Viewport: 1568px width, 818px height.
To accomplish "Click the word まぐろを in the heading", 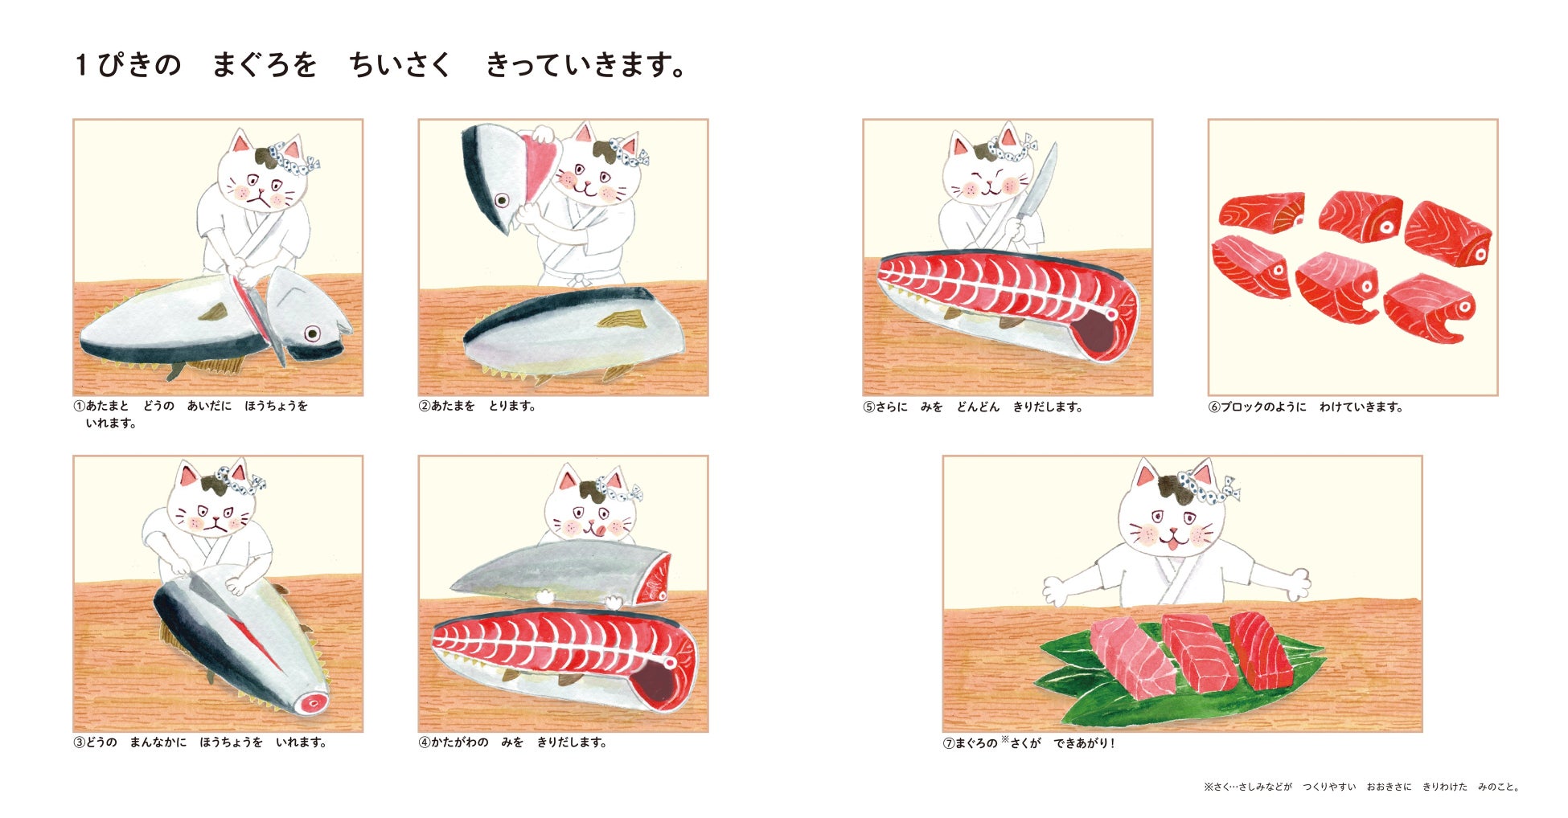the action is (x=265, y=65).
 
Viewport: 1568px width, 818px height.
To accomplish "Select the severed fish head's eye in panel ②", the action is (x=503, y=200).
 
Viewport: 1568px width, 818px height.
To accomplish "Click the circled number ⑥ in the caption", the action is (x=1214, y=407).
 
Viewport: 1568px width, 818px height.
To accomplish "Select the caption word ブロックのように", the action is (x=1263, y=407).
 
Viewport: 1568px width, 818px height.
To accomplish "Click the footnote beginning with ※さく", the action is (x=1361, y=787).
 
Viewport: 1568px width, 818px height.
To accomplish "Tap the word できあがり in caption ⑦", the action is (x=1083, y=743).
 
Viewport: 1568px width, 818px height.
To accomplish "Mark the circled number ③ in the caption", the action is (x=79, y=742).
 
